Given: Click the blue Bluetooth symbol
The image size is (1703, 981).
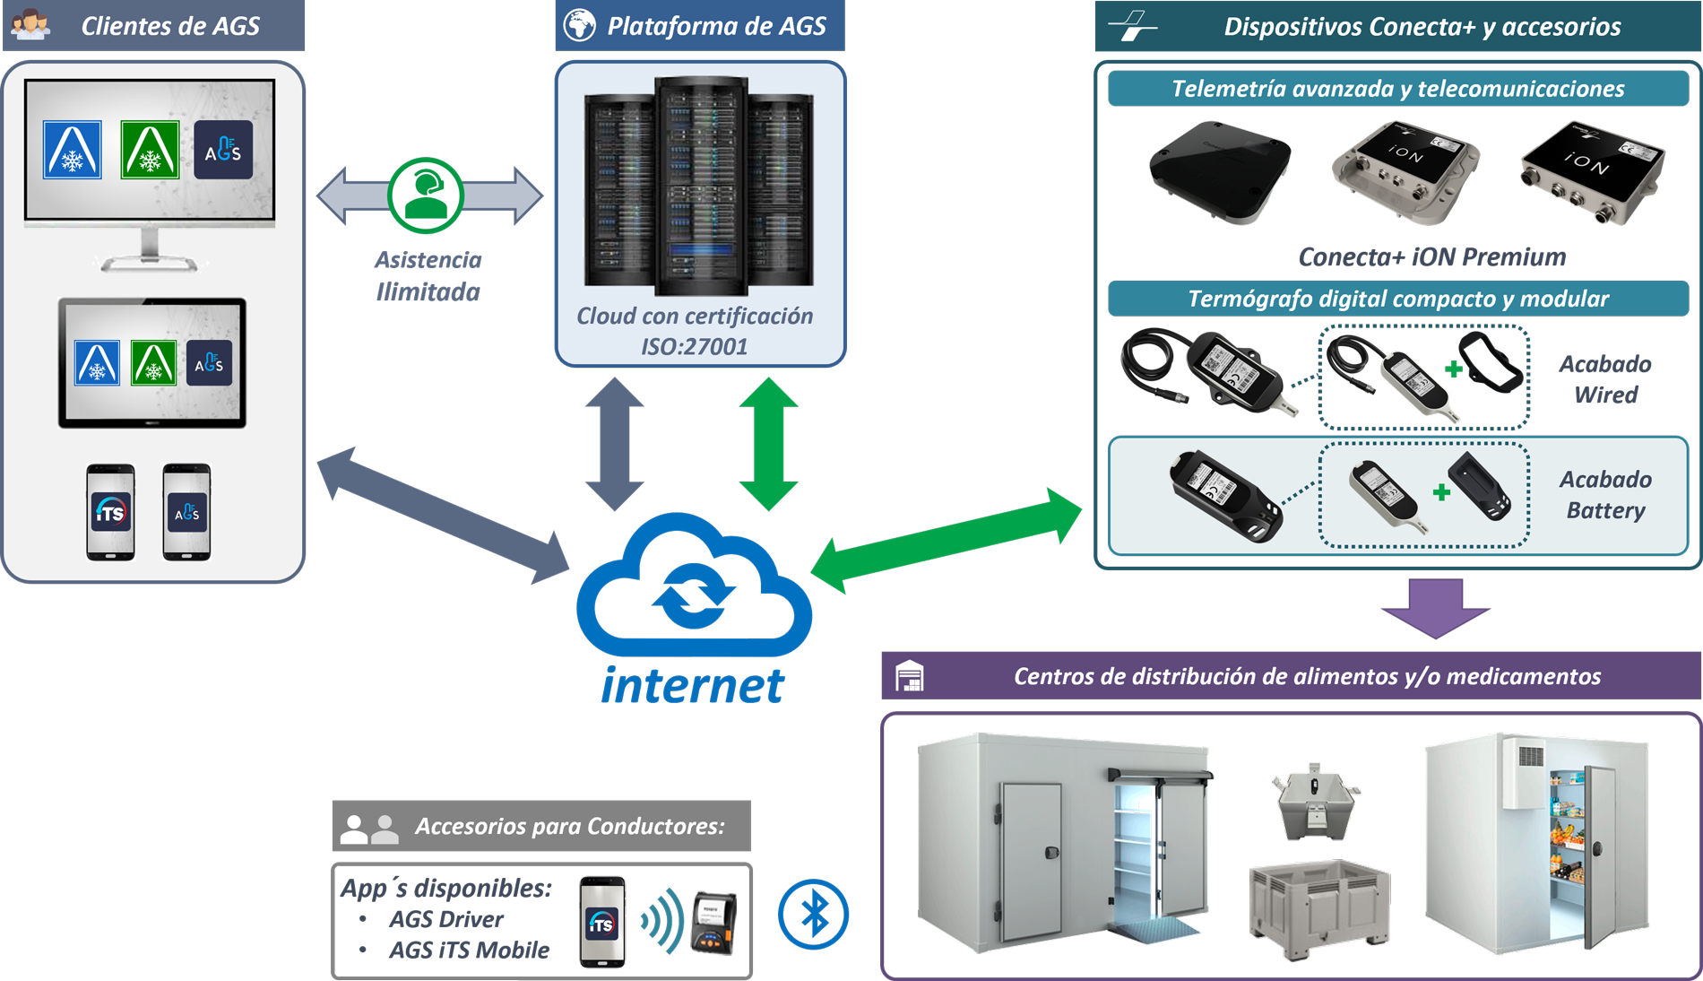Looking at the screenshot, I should [813, 915].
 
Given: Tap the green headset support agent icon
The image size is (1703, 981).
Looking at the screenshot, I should [426, 195].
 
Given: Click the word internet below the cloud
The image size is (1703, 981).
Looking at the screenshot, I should [692, 686].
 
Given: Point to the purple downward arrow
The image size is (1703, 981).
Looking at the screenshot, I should [1436, 608].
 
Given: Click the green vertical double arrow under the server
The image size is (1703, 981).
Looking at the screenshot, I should [769, 444].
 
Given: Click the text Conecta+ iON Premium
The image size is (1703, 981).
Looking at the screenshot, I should [1431, 257].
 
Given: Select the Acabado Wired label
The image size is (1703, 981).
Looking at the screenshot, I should [1604, 379].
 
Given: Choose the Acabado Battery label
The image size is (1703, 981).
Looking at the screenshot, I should [1604, 495].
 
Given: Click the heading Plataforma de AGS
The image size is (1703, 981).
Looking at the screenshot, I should [716, 26].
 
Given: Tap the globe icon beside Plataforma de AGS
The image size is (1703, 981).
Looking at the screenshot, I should [580, 25].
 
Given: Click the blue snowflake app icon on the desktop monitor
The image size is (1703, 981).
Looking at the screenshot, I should [73, 150].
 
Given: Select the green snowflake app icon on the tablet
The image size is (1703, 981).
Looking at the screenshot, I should [153, 363].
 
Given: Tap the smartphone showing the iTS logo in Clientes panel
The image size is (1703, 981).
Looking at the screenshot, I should [111, 513].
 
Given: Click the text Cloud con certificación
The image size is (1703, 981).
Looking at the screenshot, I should [695, 317].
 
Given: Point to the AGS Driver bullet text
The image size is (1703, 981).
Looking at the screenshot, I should [445, 919].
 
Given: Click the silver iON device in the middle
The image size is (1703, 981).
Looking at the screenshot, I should [1405, 171].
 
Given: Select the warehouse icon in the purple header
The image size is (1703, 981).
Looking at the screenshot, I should [909, 676].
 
